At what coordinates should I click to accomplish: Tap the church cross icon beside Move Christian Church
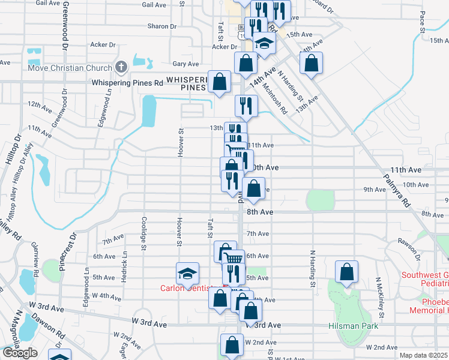click(122, 66)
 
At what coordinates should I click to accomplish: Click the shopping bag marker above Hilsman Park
click(347, 272)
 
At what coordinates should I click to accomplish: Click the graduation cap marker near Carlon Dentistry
click(187, 274)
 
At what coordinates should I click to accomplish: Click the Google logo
click(20, 353)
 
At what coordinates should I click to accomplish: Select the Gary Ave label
click(185, 64)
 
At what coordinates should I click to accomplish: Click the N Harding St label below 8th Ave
click(313, 264)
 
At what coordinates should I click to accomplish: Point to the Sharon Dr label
click(162, 26)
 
